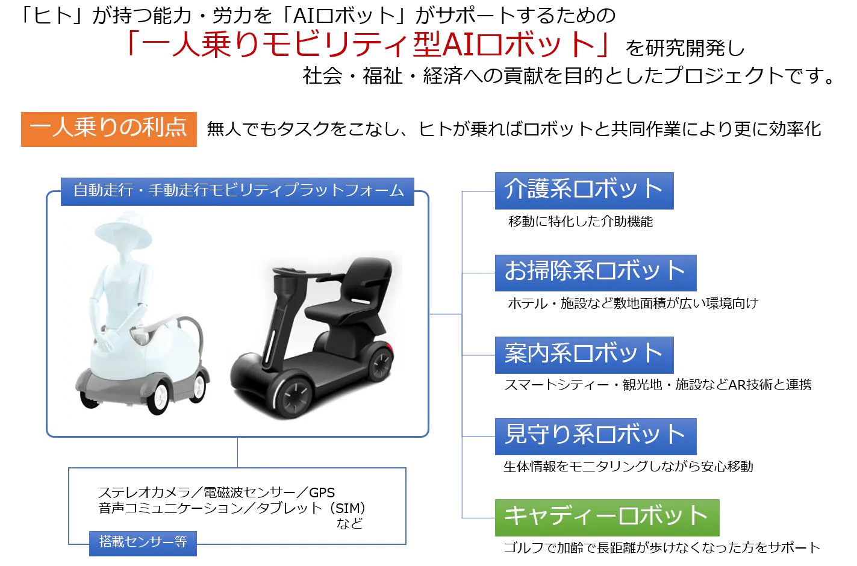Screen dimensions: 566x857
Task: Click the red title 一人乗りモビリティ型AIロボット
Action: pyautogui.click(x=366, y=43)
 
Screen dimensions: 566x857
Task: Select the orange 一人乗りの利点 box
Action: pyautogui.click(x=110, y=128)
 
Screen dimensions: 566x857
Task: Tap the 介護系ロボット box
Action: pyautogui.click(x=583, y=190)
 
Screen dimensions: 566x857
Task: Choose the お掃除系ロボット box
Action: pyautogui.click(x=594, y=272)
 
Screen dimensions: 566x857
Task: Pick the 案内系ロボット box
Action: pyautogui.click(x=583, y=353)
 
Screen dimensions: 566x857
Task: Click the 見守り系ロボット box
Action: pyautogui.click(x=594, y=435)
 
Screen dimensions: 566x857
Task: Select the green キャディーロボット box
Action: pyautogui.click(x=606, y=517)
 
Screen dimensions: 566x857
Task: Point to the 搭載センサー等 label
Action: pyautogui.click(x=143, y=543)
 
